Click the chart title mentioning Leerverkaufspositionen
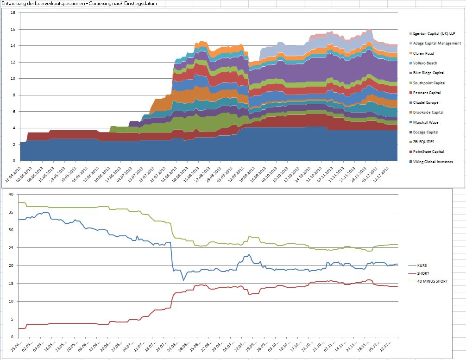pos(79,3)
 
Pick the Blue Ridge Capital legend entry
pos(428,73)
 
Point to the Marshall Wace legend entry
pos(426,122)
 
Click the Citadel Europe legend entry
pos(426,102)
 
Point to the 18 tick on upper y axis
pos(14,13)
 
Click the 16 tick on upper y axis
pos(14,29)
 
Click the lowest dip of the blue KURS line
pos(183,280)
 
